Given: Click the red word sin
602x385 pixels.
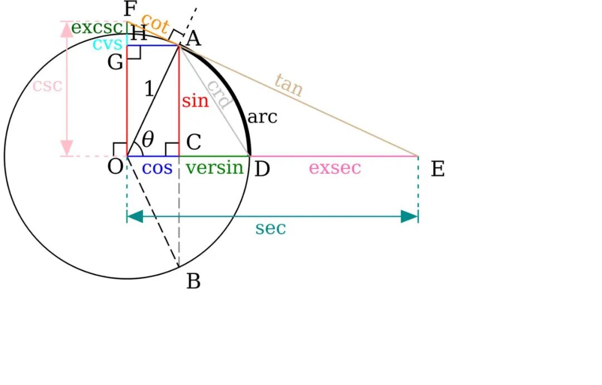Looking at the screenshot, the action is point(195,101).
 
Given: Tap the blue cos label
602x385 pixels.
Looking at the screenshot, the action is point(157,168).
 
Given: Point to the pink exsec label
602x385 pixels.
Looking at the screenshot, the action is point(335,168).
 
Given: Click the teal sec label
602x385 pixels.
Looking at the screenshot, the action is point(270,228).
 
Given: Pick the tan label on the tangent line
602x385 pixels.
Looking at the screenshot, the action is point(289,85).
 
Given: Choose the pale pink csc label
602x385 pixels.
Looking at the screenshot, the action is point(47,86).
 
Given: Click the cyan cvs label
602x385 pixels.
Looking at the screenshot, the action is point(106,45).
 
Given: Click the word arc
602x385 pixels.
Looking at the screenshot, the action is point(262,118).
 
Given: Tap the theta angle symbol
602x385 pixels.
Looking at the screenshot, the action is point(148,139).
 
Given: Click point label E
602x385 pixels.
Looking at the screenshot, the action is point(438,169).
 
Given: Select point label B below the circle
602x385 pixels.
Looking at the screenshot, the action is point(193,282).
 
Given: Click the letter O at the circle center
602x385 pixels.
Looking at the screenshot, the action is point(115,166).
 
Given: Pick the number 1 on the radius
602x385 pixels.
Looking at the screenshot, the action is point(149,89).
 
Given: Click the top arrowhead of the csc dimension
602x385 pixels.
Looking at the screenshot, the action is point(66,28).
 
